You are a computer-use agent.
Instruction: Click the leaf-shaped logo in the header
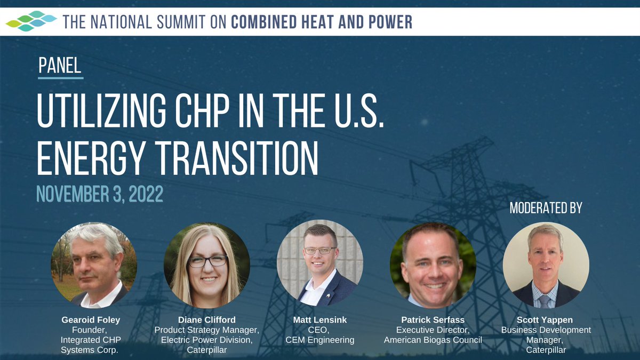click(31, 21)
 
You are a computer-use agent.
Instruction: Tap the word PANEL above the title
click(60, 65)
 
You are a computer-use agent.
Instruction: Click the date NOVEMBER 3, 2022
click(100, 194)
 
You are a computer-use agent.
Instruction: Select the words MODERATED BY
click(546, 207)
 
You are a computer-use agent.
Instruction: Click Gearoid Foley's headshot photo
click(94, 265)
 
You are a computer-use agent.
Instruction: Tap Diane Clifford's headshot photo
click(206, 265)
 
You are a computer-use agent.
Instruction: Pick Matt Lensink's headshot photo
click(320, 263)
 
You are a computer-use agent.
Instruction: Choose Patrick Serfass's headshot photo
click(433, 265)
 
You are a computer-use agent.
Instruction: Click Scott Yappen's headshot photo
click(546, 265)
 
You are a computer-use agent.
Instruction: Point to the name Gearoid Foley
click(91, 320)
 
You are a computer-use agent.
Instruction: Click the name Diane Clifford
click(206, 320)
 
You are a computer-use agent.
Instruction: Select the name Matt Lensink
click(320, 320)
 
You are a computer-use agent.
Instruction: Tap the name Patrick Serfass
click(433, 320)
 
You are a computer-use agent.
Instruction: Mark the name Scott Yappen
click(546, 320)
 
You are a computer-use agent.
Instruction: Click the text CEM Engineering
click(320, 340)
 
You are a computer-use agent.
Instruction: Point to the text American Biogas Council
click(433, 340)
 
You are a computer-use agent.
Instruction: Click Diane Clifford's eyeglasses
click(207, 261)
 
